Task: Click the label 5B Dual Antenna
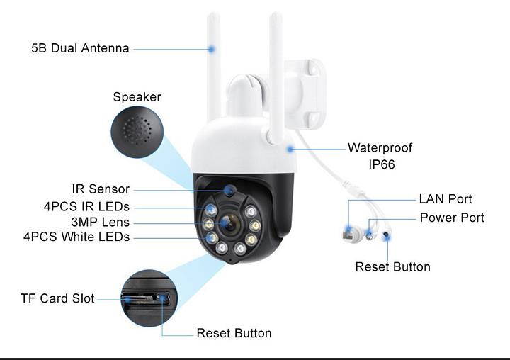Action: pyautogui.click(x=80, y=48)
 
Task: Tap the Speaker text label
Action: pyautogui.click(x=137, y=97)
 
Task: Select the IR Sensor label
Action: pyautogui.click(x=101, y=189)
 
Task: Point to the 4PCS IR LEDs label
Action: pyautogui.click(x=86, y=206)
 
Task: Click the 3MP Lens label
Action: pyautogui.click(x=101, y=223)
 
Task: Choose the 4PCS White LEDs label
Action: pyautogui.click(x=76, y=237)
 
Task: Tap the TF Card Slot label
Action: pyautogui.click(x=57, y=298)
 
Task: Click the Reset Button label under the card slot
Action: pyautogui.click(x=234, y=333)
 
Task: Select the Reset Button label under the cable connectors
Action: pyautogui.click(x=392, y=267)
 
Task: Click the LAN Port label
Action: pyautogui.click(x=445, y=199)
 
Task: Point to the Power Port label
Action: pyautogui.click(x=452, y=218)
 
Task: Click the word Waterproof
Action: pyautogui.click(x=380, y=148)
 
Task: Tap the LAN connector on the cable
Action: pyautogui.click(x=349, y=230)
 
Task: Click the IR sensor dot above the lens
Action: pyautogui.click(x=229, y=190)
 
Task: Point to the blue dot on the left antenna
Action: pyautogui.click(x=211, y=49)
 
